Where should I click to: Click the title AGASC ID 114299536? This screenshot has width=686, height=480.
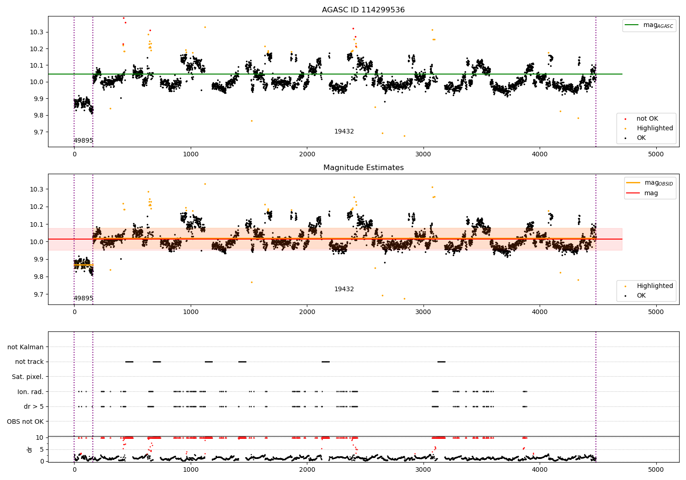pyautogui.click(x=363, y=10)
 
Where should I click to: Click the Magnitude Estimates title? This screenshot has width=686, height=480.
pyautogui.click(x=363, y=168)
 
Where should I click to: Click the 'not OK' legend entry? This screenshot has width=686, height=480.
pyautogui.click(x=647, y=119)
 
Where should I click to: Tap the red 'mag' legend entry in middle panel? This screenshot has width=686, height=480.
pyautogui.click(x=651, y=193)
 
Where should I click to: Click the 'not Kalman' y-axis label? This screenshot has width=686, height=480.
pyautogui.click(x=26, y=347)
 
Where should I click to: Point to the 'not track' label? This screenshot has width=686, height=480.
pyautogui.click(x=29, y=362)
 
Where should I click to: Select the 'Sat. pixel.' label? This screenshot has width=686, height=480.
pyautogui.click(x=27, y=377)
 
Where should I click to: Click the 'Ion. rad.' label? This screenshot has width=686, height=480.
pyautogui.click(x=30, y=392)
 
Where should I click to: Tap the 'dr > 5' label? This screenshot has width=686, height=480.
pyautogui.click(x=33, y=406)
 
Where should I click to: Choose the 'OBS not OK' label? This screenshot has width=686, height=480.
pyautogui.click(x=25, y=421)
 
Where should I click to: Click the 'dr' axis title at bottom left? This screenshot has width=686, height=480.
pyautogui.click(x=30, y=449)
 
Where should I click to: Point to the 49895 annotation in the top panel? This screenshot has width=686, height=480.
pyautogui.click(x=83, y=140)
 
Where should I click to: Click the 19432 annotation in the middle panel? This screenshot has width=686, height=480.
pyautogui.click(x=344, y=289)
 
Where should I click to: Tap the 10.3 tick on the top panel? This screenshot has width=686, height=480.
pyautogui.click(x=37, y=32)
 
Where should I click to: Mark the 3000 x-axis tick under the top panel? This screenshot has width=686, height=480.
pyautogui.click(x=423, y=154)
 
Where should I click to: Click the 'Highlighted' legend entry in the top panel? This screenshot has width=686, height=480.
pyautogui.click(x=654, y=128)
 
